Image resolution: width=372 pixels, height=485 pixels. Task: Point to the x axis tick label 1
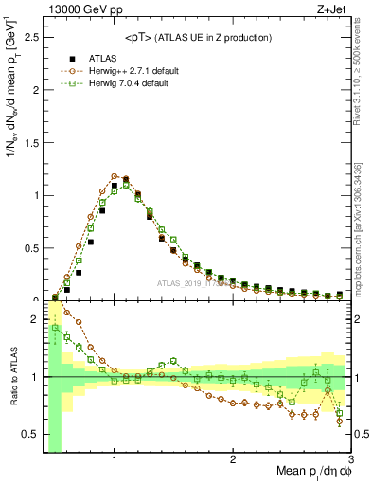pos(115,460)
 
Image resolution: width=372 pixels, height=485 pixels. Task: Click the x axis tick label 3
pos(350,460)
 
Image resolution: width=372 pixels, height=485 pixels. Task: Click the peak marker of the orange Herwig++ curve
pos(115,175)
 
